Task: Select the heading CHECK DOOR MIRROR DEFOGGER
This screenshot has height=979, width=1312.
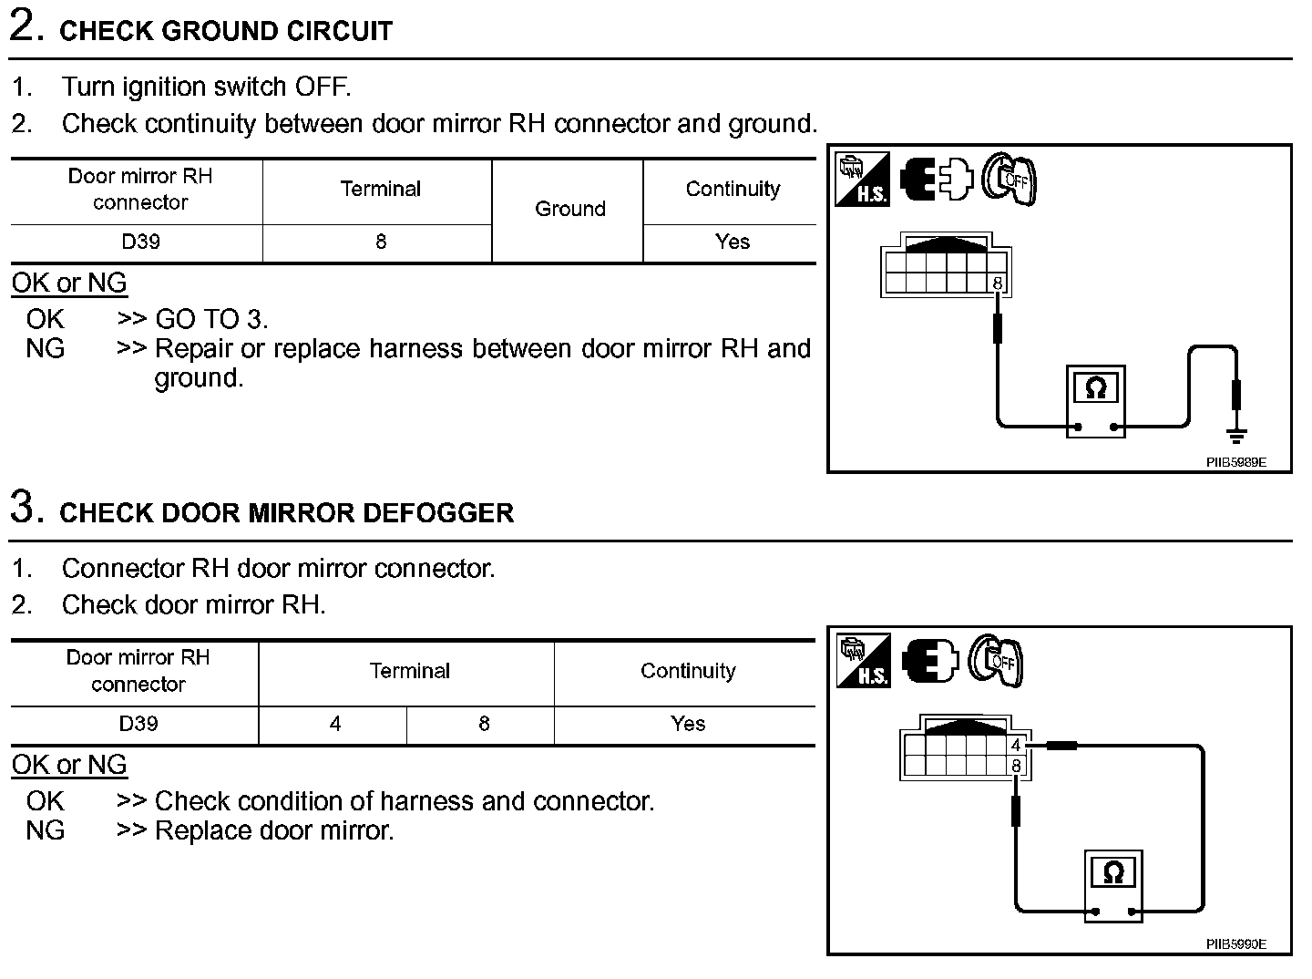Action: (x=286, y=512)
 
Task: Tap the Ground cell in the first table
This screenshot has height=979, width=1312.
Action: (x=569, y=210)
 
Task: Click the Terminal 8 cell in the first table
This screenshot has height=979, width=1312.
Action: (x=380, y=242)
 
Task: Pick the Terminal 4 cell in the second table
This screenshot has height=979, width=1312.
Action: (x=334, y=724)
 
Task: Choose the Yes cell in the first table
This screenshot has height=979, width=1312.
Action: (x=732, y=242)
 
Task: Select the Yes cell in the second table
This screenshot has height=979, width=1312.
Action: (x=687, y=724)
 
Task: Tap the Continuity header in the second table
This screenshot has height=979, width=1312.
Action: (x=687, y=672)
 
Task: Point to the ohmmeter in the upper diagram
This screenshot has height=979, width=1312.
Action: (x=1096, y=401)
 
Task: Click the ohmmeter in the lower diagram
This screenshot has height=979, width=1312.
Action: (x=1112, y=884)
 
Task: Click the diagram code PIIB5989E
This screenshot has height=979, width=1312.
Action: (x=1235, y=463)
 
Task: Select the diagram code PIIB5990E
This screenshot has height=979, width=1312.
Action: (x=1235, y=945)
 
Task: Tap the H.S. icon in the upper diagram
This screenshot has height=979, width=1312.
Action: (x=861, y=179)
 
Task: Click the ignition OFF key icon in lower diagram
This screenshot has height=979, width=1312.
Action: (x=996, y=660)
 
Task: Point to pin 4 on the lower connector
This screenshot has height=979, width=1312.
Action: (x=1016, y=746)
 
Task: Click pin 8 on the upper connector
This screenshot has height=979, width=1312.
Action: (x=998, y=283)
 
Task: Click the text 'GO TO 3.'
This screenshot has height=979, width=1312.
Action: (x=211, y=319)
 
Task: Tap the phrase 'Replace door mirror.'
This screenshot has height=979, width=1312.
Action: (x=274, y=830)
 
